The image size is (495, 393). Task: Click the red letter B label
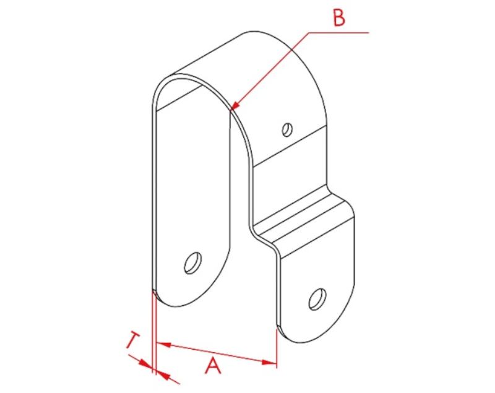click(339, 18)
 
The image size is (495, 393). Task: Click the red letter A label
click(213, 365)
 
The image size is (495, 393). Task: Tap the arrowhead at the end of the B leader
click(235, 106)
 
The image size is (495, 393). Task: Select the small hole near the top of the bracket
click(287, 129)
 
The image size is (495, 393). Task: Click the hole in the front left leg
click(193, 263)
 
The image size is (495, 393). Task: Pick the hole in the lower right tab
click(317, 299)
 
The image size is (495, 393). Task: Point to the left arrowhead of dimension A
click(163, 344)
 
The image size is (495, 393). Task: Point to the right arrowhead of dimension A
click(269, 362)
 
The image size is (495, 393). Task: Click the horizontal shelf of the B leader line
click(338, 32)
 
